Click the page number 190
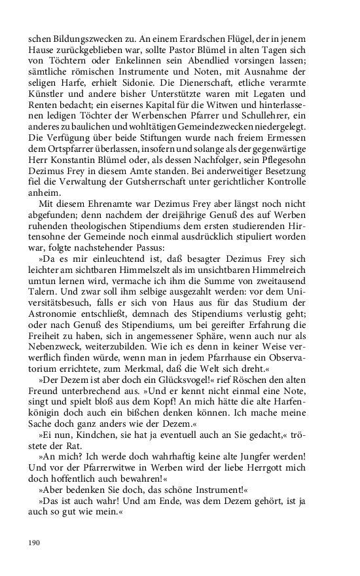click(x=34, y=543)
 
